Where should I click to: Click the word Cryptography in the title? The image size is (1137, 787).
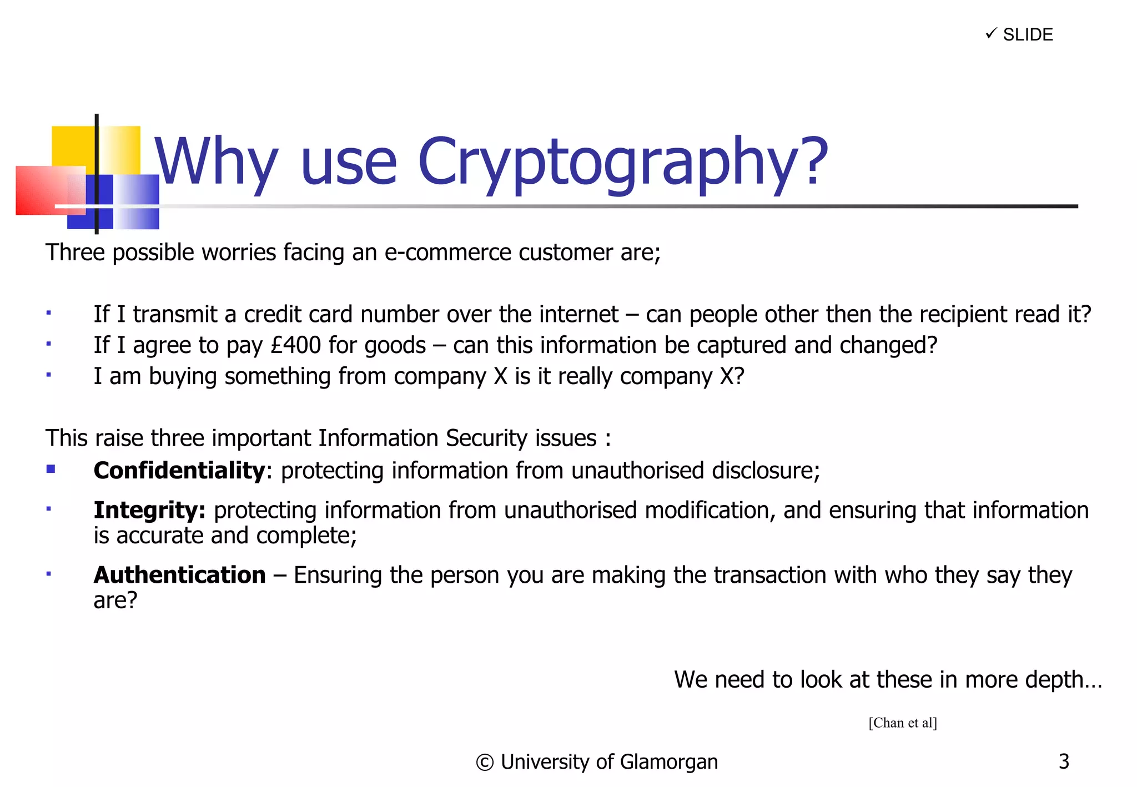622,162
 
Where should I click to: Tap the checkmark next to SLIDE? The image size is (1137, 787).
991,34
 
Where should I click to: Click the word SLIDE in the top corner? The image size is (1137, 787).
1028,35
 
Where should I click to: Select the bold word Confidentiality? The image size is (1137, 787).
179,471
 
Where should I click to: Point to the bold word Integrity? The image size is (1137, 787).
149,511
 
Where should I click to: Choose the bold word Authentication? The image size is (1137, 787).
179,575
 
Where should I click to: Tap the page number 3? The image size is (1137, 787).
1063,761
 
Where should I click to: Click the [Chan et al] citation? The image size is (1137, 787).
903,723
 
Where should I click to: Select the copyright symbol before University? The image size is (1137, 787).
484,763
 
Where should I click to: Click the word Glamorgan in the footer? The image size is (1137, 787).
668,762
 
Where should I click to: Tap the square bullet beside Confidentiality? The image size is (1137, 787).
51,470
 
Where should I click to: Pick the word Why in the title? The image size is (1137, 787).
215,162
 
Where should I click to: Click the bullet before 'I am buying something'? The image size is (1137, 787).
49,375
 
